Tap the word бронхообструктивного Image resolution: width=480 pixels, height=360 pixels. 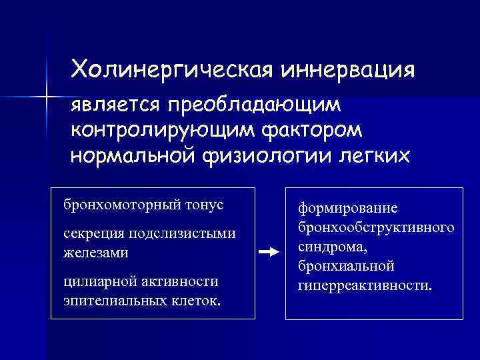click(375, 227)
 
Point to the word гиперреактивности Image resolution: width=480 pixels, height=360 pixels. click(364, 285)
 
